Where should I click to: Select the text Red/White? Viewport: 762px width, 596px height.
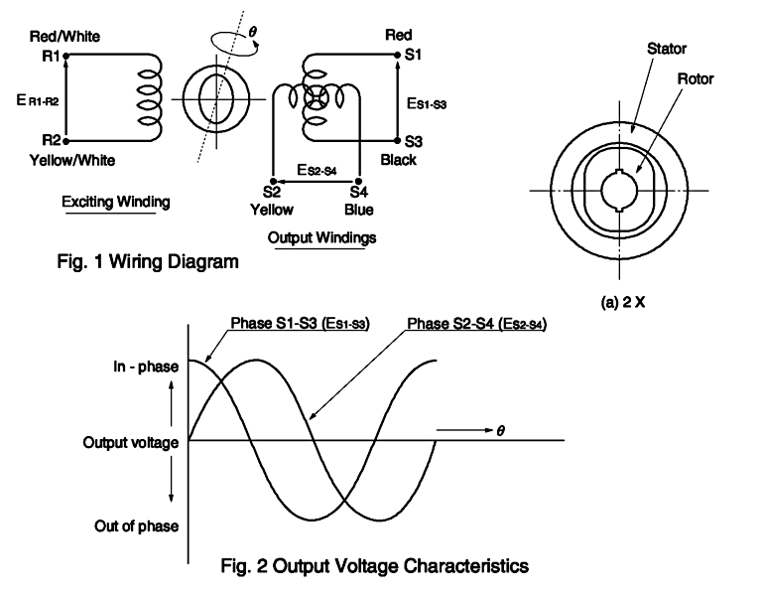pyautogui.click(x=65, y=37)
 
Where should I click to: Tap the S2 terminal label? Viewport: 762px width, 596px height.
pyautogui.click(x=271, y=192)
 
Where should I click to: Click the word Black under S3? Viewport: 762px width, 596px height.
pyautogui.click(x=399, y=160)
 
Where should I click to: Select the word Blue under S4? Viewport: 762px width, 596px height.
pyautogui.click(x=359, y=210)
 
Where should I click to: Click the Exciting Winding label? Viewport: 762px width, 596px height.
pyautogui.click(x=116, y=203)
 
